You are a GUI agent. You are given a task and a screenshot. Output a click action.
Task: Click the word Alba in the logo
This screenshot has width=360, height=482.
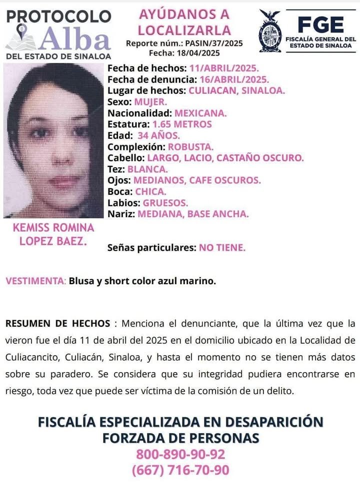point(75,38)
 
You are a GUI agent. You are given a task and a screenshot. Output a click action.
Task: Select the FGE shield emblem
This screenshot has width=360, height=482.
point(270,31)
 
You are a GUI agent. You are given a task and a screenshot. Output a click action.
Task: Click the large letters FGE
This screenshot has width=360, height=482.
point(320,24)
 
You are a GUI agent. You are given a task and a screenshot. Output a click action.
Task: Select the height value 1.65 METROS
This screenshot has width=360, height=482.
point(181,124)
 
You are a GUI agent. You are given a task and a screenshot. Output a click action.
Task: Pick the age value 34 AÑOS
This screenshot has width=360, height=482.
point(162,135)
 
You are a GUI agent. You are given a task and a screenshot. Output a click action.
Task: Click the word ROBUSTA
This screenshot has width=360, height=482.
point(190,147)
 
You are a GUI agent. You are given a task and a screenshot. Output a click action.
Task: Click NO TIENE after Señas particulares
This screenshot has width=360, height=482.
point(222,247)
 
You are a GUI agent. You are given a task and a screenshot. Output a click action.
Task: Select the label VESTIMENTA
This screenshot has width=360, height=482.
point(35,281)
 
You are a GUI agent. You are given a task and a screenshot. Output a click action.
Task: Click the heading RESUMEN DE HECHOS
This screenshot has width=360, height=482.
point(57,323)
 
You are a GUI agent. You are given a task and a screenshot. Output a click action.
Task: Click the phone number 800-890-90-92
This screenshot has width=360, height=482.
point(180,455)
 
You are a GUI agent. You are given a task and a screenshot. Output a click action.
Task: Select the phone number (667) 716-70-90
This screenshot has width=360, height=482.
point(180,470)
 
